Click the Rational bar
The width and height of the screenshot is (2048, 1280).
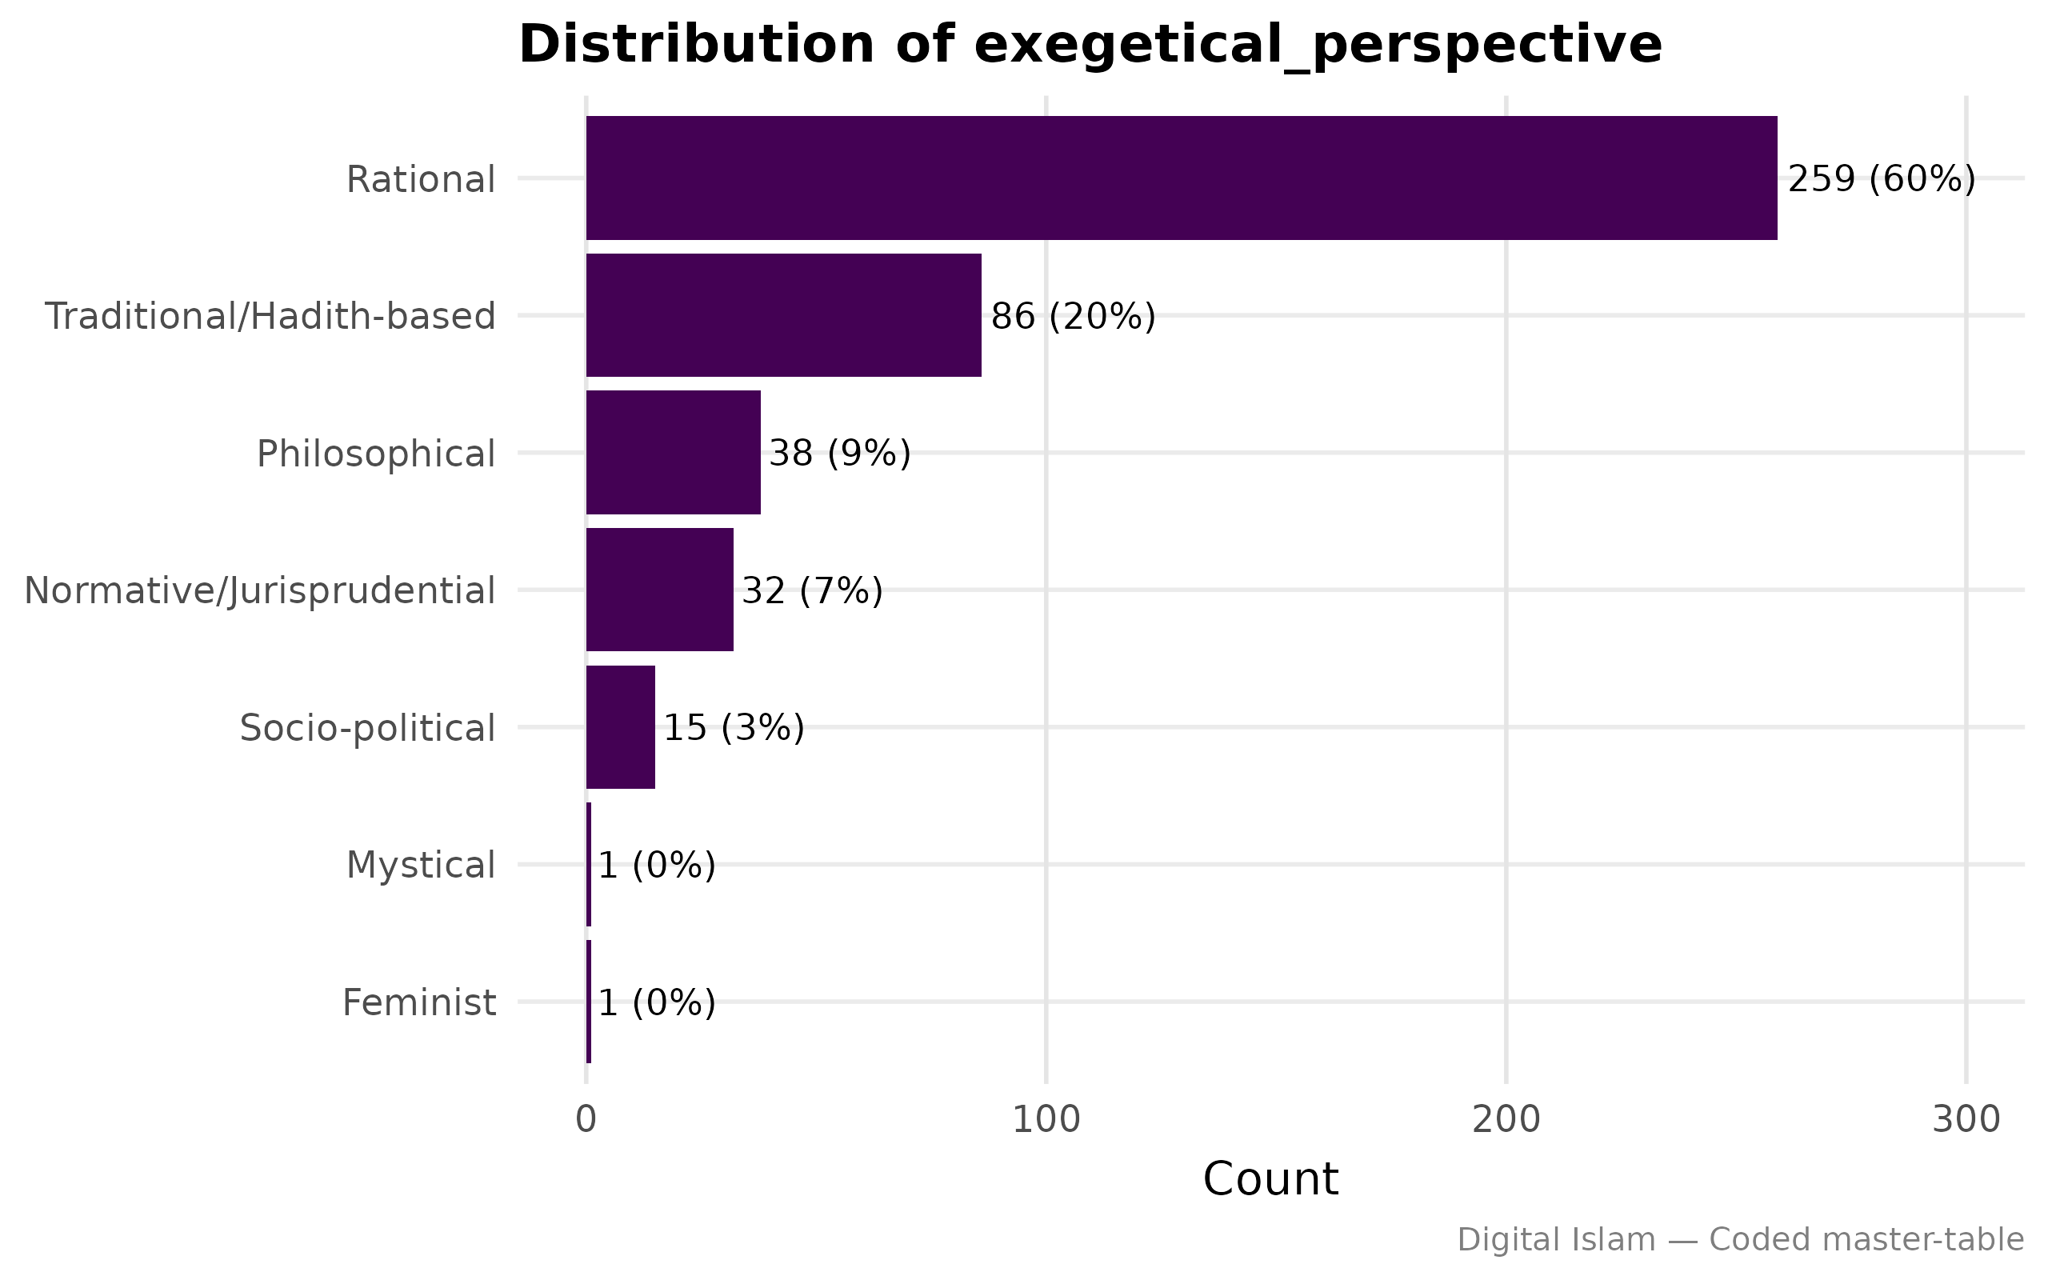[1181, 178]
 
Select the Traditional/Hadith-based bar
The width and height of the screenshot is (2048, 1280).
[784, 315]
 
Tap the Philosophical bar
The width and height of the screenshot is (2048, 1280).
[673, 452]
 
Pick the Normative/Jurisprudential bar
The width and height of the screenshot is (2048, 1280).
[659, 590]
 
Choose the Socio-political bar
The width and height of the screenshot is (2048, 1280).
[620, 727]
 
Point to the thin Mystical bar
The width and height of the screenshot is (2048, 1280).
[588, 864]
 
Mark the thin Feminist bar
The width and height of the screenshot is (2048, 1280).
[588, 1002]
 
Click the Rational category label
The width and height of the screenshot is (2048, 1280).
[421, 179]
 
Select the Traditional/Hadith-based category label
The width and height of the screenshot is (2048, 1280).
[269, 317]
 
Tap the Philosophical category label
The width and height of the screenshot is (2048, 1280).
[376, 454]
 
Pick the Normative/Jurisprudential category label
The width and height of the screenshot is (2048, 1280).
[260, 591]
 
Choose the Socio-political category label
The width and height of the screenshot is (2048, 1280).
[367, 728]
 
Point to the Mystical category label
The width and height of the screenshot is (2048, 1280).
[421, 865]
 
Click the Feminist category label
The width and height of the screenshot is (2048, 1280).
[419, 1003]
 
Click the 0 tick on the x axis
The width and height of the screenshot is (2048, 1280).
[586, 1119]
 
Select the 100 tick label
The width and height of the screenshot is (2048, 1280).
[1046, 1119]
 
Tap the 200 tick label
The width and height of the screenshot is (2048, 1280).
[1506, 1119]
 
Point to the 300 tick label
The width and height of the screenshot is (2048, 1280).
[1966, 1119]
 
